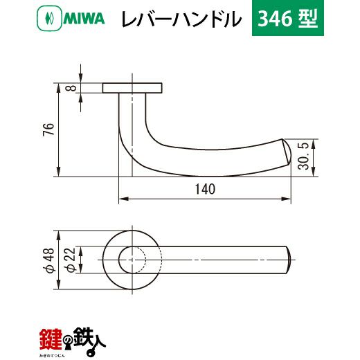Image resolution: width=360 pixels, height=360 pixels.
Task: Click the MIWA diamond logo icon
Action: (49, 18)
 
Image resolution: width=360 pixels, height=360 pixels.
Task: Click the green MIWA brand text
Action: (84, 19)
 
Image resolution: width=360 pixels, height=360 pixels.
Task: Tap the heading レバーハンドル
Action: (181, 19)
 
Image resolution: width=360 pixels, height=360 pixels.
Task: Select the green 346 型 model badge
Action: (288, 18)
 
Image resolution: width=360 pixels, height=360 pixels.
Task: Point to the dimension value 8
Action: (72, 88)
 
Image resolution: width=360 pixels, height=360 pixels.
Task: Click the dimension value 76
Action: (48, 129)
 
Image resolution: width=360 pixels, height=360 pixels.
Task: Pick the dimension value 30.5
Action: (303, 156)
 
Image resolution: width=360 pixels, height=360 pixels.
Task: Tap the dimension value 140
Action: (205, 189)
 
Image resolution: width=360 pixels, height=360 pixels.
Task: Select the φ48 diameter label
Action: (48, 260)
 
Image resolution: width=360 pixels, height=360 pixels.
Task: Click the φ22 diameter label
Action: (70, 260)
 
